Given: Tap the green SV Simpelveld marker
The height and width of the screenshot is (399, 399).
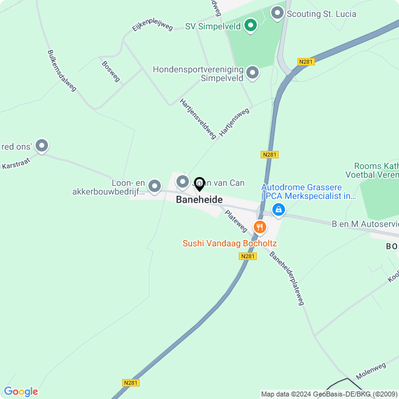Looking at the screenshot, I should point(250,26).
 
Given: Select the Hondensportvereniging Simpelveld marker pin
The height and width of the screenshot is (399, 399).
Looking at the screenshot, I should point(252,73).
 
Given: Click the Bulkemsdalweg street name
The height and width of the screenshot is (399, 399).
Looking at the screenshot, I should point(61,70).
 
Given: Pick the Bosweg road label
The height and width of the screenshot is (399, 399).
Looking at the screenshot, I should point(110,71).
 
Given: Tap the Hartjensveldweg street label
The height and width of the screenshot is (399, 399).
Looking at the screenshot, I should point(197,117).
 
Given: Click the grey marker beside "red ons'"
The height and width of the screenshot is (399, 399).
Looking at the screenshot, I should point(42,146).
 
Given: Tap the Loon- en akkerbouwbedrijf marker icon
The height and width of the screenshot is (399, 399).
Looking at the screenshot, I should point(155,185).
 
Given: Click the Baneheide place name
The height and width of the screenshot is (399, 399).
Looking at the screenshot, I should point(199,199).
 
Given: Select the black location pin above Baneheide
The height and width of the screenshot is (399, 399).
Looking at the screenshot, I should point(199,184).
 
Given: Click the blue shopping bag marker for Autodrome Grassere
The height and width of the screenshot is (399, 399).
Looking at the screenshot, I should point(279,209).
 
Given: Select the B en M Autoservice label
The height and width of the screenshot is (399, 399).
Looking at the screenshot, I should point(365,223).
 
